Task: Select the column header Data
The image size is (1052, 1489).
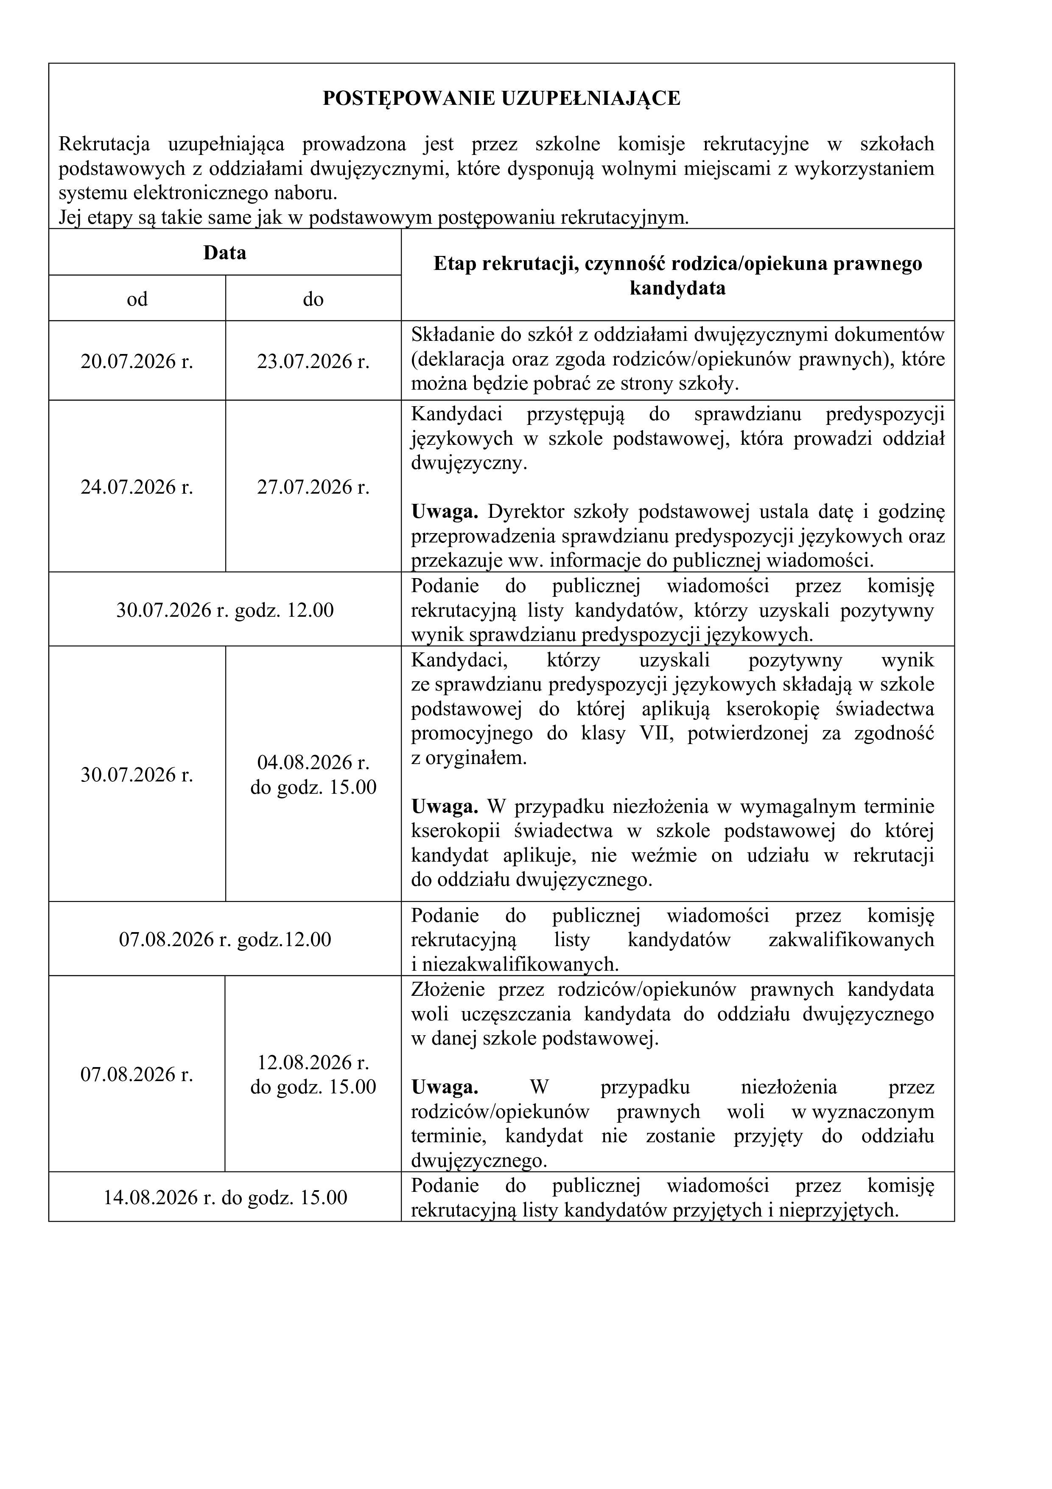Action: pos(224,252)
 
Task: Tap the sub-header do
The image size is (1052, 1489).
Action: pos(313,299)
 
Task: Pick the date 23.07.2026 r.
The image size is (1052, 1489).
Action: pos(313,361)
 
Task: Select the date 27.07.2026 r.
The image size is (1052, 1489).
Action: pos(313,487)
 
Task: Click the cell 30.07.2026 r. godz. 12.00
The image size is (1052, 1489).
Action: pos(224,610)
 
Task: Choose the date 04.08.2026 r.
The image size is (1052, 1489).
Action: pos(313,762)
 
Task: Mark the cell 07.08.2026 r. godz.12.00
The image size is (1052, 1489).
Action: pos(224,940)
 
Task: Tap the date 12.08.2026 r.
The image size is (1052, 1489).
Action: pos(313,1063)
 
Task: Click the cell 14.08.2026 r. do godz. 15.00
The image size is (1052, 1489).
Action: pos(224,1197)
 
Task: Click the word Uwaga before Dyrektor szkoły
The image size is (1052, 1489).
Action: pos(445,512)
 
